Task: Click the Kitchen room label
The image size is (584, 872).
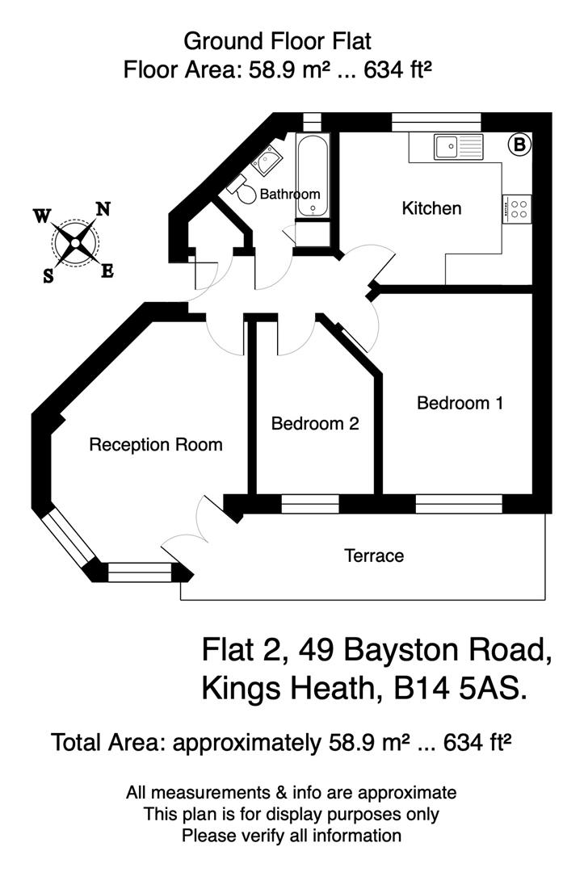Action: point(431,208)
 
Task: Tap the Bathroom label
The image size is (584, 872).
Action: point(290,194)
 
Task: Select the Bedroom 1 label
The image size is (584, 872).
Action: point(460,403)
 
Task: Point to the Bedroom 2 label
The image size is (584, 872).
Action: point(314,423)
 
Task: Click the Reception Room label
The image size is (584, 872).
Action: point(155,444)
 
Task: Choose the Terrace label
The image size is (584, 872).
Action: point(373,555)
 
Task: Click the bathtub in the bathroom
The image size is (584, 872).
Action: point(313,178)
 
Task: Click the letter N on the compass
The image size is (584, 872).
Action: point(103,209)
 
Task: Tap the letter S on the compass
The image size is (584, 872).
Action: point(48,275)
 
